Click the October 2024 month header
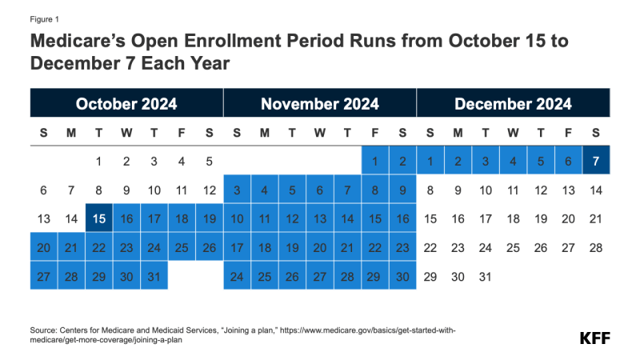(x=126, y=104)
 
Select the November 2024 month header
(x=320, y=104)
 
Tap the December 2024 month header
(x=513, y=104)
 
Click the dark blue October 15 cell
(x=98, y=218)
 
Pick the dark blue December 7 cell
(x=596, y=161)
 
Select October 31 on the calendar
(x=154, y=276)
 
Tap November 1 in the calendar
(x=374, y=161)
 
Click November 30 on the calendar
(x=402, y=276)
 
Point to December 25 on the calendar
(x=513, y=247)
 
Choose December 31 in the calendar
(x=486, y=276)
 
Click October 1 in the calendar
(x=98, y=161)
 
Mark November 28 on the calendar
(x=347, y=276)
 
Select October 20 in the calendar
(x=43, y=247)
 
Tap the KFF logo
(x=594, y=338)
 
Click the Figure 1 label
(x=45, y=18)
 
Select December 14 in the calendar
(x=596, y=190)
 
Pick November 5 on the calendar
(x=292, y=190)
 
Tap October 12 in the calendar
(x=209, y=190)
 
